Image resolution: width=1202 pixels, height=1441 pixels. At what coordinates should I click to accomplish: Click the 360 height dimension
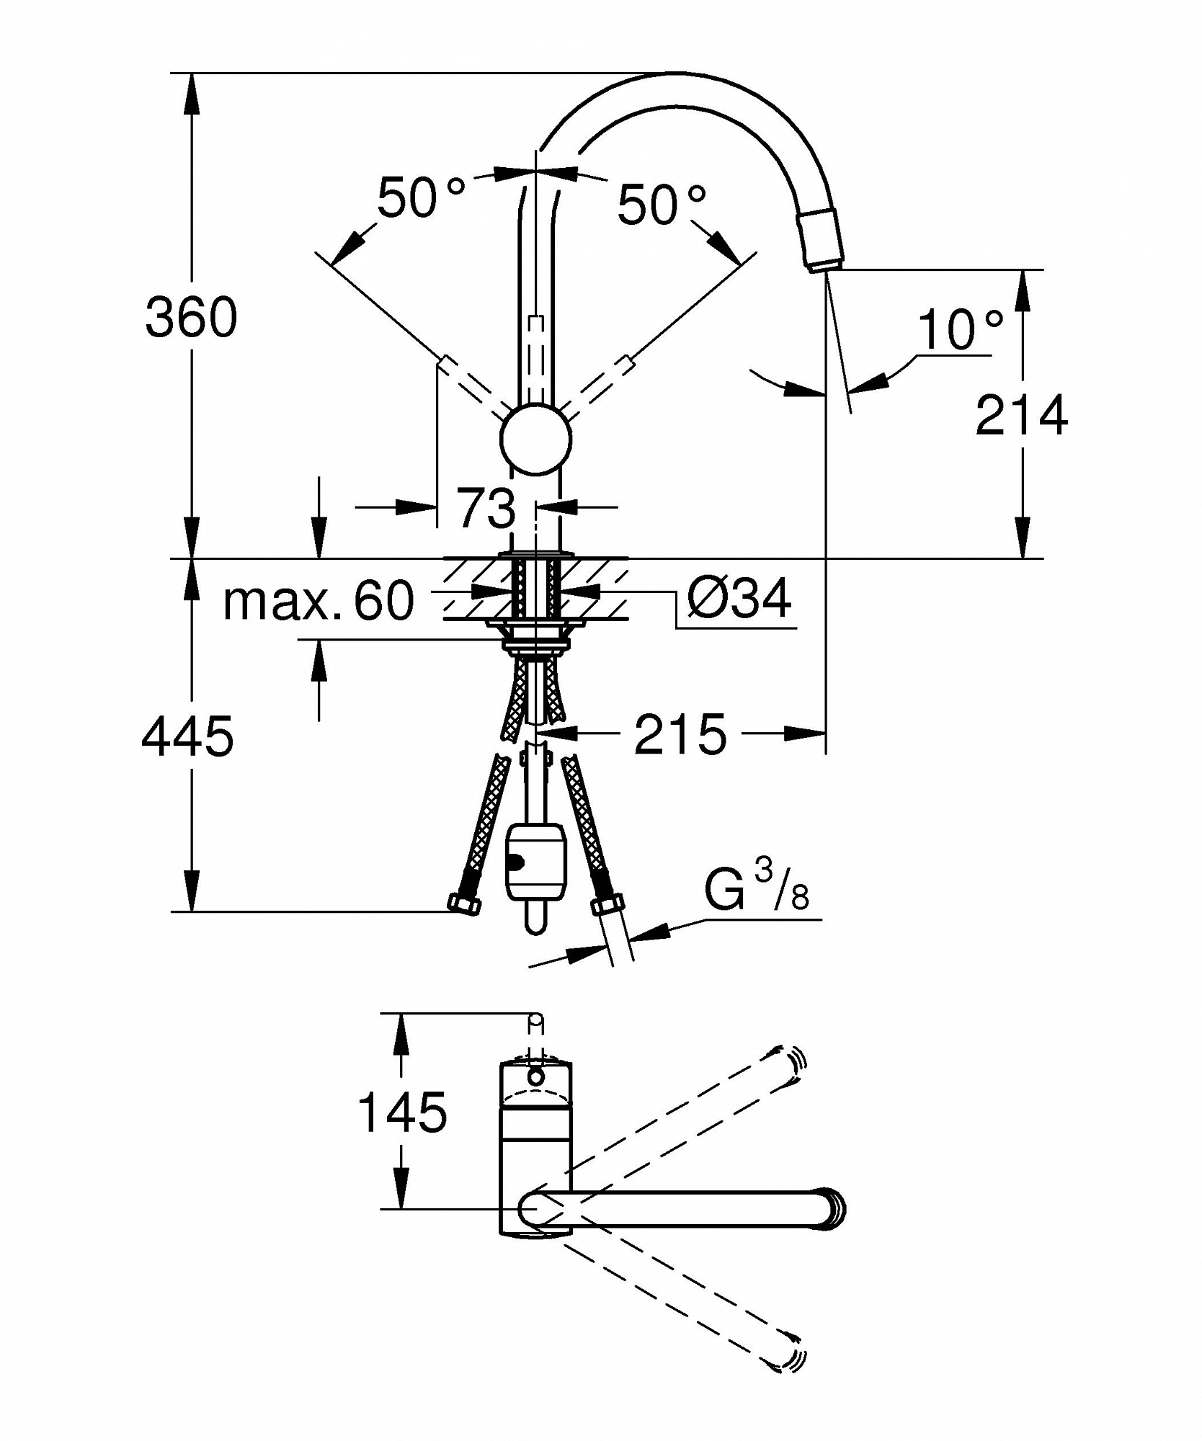point(191,317)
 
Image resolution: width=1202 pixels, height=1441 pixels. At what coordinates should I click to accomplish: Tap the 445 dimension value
point(187,736)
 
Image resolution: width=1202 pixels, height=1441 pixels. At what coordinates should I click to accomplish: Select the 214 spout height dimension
point(1021,415)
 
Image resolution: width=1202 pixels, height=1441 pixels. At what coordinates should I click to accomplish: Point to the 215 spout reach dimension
point(680,734)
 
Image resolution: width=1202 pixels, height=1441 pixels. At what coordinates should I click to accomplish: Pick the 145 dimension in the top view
point(402,1132)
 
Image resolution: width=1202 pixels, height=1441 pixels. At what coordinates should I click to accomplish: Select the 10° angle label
point(961,329)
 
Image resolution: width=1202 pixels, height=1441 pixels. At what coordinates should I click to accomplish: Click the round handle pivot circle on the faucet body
point(535,439)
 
